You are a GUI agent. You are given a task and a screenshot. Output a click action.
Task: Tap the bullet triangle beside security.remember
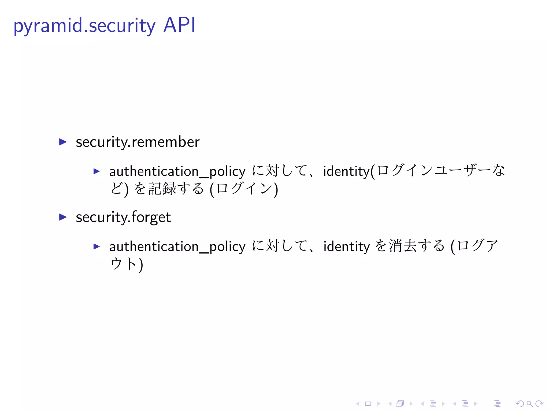[x=63, y=142]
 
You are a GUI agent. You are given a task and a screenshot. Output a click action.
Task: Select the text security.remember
[x=138, y=142]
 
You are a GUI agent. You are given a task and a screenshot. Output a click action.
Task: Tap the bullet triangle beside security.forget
[x=63, y=217]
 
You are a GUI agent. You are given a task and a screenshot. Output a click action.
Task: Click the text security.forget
[x=123, y=217]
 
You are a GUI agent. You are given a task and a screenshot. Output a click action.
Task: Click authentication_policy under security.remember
[x=177, y=171]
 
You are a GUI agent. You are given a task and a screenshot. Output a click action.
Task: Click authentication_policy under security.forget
[x=177, y=247]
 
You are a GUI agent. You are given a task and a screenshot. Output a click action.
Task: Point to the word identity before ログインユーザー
[x=347, y=171]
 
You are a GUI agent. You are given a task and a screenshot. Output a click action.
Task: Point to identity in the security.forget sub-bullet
[x=347, y=247]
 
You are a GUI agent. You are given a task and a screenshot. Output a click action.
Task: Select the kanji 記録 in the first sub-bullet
[x=162, y=189]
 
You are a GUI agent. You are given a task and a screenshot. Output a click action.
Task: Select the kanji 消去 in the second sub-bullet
[x=403, y=246]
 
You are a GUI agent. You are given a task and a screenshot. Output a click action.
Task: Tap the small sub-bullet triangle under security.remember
[x=97, y=171]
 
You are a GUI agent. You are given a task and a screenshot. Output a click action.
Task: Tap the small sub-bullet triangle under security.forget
[x=97, y=246]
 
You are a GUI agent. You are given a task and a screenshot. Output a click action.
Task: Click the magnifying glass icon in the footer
[x=529, y=404]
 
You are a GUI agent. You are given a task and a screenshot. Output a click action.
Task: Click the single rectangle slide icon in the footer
[x=368, y=404]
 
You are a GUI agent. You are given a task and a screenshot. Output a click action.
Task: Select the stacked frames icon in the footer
[x=400, y=404]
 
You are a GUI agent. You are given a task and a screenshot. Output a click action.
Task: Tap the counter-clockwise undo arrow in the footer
[x=520, y=404]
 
